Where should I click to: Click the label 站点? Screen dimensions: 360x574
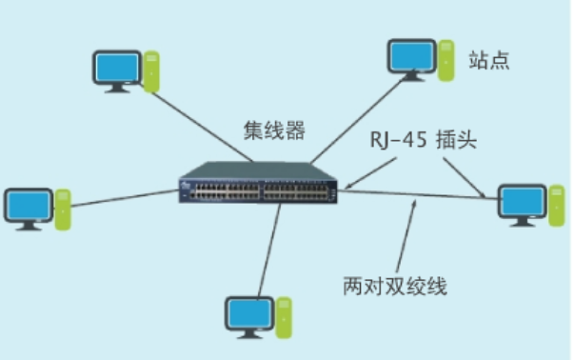[489, 60]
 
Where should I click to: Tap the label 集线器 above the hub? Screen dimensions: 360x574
[275, 130]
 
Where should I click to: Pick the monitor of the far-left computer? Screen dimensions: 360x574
[27, 206]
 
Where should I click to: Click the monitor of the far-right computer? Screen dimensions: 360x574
[522, 201]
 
